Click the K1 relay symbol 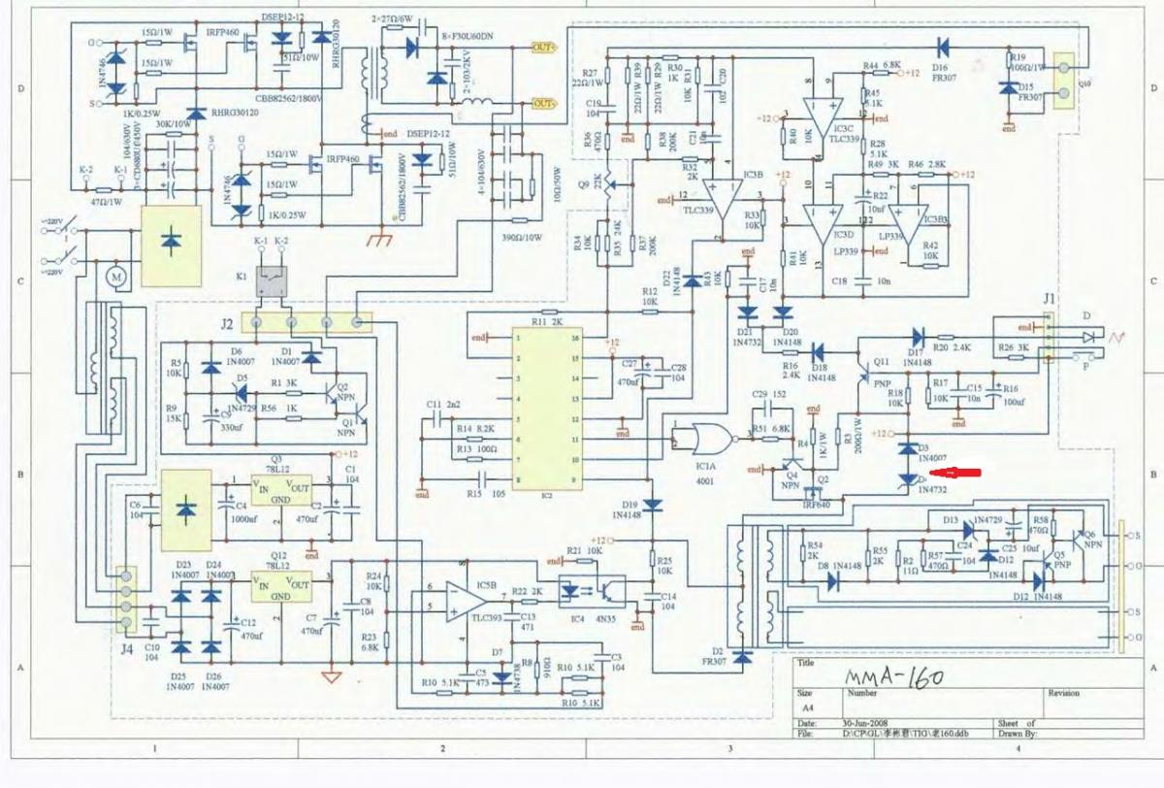271,279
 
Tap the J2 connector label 227,323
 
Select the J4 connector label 126,648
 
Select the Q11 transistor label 881,361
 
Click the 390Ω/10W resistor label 521,237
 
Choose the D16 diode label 939,68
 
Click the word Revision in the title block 1063,693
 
